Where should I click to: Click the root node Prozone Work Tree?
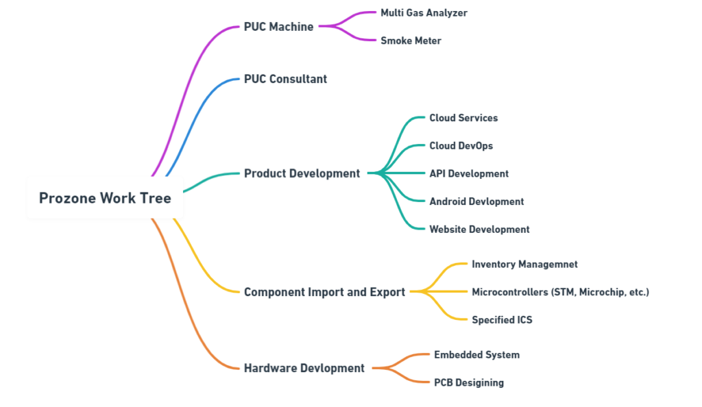click(105, 198)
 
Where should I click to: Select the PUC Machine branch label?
click(278, 27)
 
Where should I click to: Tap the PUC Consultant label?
click(285, 79)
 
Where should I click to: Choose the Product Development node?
click(302, 173)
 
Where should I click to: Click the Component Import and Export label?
click(324, 292)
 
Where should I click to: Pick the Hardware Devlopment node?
click(304, 368)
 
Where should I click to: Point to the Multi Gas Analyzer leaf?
click(424, 12)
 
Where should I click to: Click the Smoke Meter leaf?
click(411, 40)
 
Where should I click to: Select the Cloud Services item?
click(463, 118)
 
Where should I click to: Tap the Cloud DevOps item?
click(461, 145)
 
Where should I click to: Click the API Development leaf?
click(469, 173)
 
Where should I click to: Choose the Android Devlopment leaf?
click(476, 201)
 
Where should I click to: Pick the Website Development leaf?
click(479, 230)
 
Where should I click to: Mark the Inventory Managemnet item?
click(524, 264)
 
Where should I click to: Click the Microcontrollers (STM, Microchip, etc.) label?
click(560, 292)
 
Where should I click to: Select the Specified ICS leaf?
click(502, 319)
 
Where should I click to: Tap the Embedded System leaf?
click(476, 355)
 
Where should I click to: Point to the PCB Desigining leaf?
click(468, 382)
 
